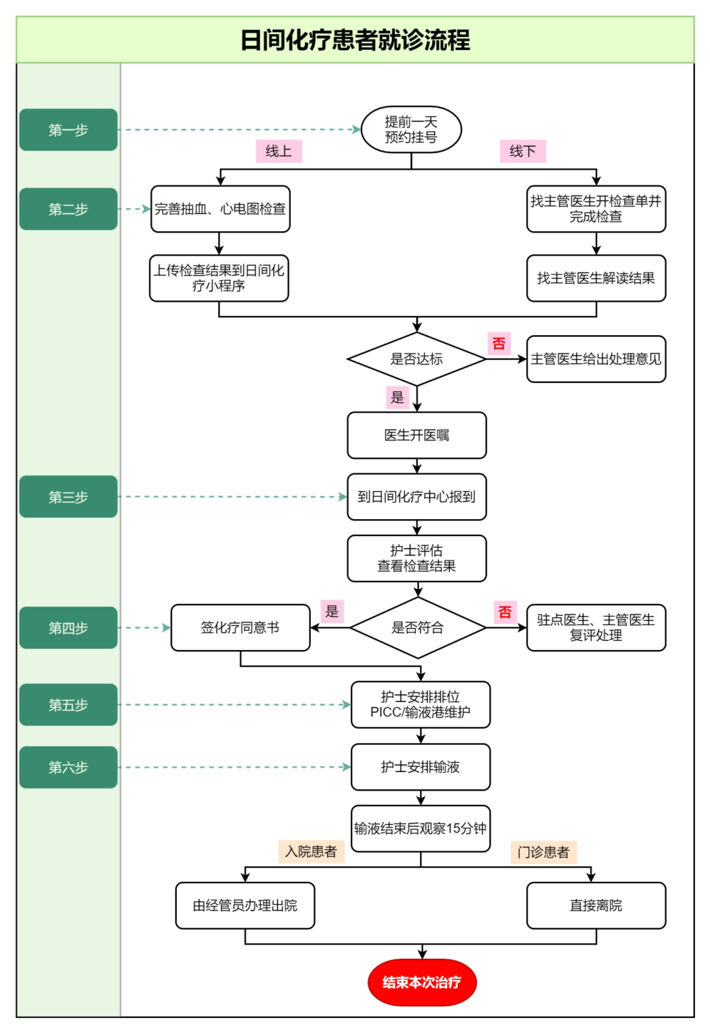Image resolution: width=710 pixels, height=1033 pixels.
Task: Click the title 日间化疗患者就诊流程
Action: point(355,40)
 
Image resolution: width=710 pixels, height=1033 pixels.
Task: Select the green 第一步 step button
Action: point(68,130)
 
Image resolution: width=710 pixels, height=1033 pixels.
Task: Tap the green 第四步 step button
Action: point(68,628)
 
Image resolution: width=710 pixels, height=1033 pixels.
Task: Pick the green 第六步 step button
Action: point(68,767)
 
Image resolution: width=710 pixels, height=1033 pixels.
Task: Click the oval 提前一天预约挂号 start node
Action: point(411,129)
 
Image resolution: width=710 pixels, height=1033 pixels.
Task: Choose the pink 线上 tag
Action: point(279,151)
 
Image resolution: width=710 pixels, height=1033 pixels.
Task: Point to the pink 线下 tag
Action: point(523,151)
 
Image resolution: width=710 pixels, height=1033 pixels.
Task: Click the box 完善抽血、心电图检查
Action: point(220,209)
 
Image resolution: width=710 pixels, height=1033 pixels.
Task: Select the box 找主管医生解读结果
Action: point(596,278)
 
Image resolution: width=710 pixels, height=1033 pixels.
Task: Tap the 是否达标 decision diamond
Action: point(417,359)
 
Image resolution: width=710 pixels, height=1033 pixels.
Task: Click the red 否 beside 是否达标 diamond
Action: point(499,343)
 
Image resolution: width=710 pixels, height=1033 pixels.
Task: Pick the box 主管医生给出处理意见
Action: point(596,359)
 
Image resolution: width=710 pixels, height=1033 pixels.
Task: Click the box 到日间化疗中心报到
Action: point(417,497)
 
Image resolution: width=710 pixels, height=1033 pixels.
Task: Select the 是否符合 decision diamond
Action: point(417,628)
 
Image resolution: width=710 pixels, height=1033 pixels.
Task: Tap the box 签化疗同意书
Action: point(240,628)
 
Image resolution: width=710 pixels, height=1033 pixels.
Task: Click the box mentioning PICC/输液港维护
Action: point(421,704)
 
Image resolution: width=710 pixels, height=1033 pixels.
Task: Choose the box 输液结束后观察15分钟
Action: point(421,828)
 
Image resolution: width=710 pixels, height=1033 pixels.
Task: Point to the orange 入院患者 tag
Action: point(311,852)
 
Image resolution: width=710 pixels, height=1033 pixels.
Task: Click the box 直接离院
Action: point(596,906)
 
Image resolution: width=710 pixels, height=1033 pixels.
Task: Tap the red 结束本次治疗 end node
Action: point(421,982)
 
